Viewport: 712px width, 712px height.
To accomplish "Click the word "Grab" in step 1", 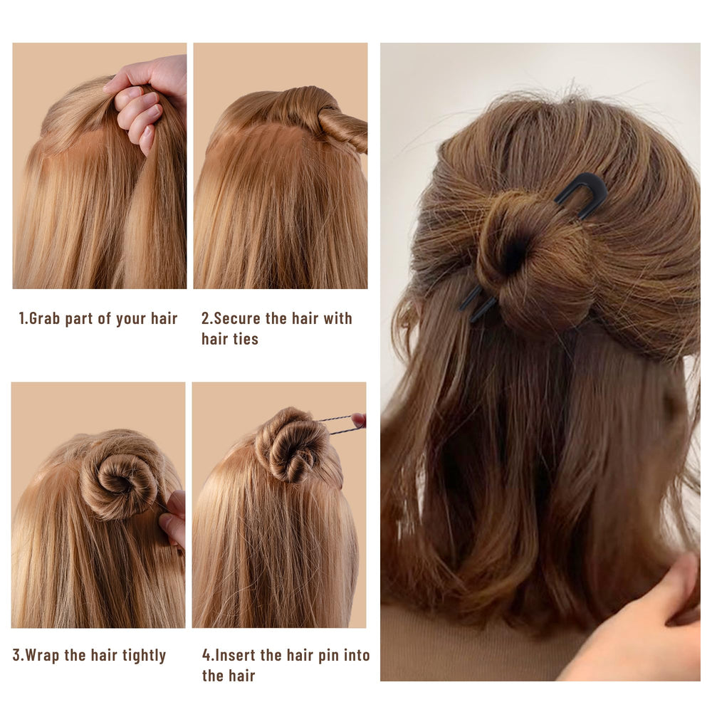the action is click(x=44, y=319).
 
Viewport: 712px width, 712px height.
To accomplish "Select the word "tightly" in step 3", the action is click(x=145, y=656).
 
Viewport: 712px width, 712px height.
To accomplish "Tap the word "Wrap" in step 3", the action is click(x=43, y=656).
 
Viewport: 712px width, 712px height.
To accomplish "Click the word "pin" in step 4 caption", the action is click(x=319, y=656).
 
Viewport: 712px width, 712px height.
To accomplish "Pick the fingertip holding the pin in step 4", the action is click(x=359, y=420).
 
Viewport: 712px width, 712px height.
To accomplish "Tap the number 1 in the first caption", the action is click(x=21, y=319).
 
